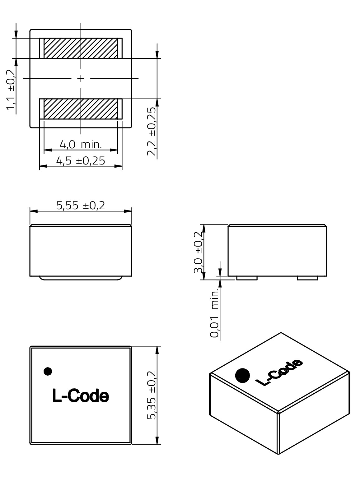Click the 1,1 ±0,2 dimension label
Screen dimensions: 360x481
click(11, 90)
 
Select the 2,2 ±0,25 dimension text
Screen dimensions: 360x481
click(152, 131)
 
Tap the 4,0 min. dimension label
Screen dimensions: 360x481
click(81, 145)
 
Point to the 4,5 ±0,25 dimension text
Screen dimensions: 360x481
click(81, 161)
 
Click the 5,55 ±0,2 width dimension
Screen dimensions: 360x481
click(81, 206)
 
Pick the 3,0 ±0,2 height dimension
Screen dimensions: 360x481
click(198, 252)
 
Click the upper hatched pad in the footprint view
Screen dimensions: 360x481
click(81, 49)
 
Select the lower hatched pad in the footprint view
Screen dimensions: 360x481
click(81, 109)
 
